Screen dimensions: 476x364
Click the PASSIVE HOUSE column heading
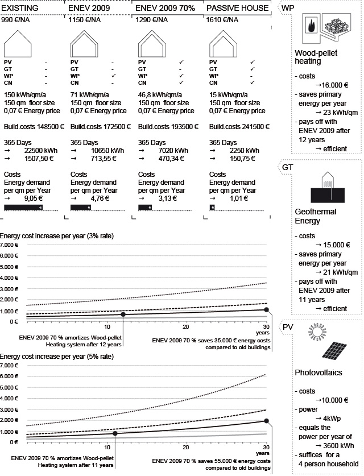coord(237,8)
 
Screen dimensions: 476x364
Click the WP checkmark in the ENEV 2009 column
coord(114,76)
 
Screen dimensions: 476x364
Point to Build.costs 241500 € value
coord(238,127)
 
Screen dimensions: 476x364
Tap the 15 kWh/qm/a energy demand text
coord(233,94)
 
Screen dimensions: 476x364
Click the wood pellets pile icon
coord(337,29)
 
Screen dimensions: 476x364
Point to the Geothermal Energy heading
coord(316,216)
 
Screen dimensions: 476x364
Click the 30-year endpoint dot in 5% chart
coord(267,421)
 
